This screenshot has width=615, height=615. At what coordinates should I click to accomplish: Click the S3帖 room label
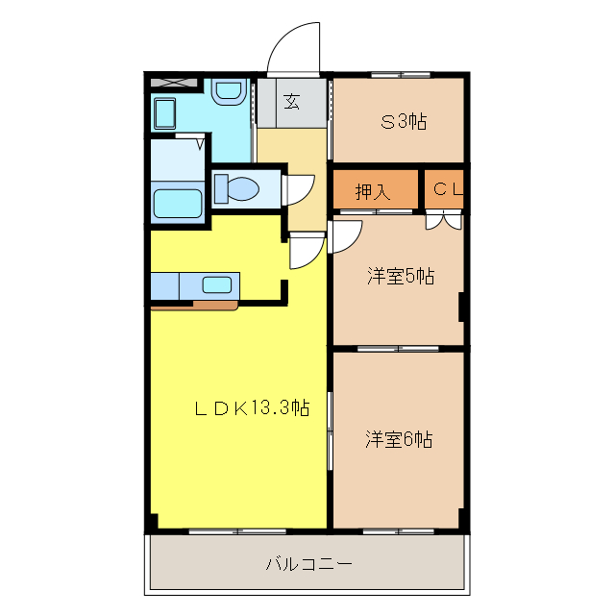403,121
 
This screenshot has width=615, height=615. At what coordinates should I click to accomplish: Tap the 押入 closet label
373,191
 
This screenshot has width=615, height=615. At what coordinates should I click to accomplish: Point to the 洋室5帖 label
400,277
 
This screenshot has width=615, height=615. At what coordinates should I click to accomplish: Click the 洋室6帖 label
398,440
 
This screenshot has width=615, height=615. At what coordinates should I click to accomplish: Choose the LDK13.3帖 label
252,408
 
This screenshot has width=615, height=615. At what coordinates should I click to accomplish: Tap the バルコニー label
307,564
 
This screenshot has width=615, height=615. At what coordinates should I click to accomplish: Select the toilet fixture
234,187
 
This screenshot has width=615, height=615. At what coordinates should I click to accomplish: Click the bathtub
178,204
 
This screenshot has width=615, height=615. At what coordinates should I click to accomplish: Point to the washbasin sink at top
228,92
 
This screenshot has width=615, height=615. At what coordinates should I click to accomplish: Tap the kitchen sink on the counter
216,284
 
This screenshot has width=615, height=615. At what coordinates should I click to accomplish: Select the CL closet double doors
443,220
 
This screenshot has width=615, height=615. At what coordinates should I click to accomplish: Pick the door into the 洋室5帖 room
344,235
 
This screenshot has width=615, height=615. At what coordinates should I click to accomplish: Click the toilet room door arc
299,189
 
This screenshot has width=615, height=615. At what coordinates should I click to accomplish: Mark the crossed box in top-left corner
174,83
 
